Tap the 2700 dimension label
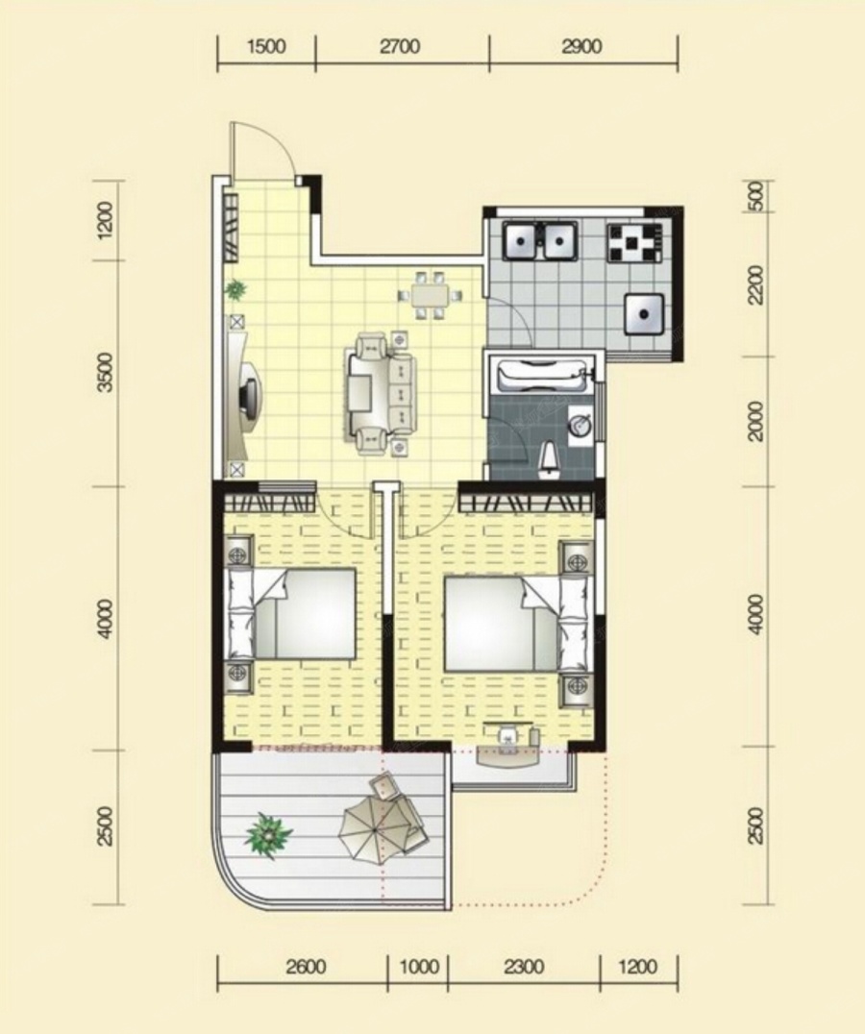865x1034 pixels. [400, 46]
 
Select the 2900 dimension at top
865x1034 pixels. [582, 46]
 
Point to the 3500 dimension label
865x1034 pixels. [105, 373]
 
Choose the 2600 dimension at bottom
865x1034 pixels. [306, 967]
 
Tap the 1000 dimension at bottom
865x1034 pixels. [419, 967]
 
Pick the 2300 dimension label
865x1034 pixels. [524, 967]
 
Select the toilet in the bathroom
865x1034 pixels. [549, 459]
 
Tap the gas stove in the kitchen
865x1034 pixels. [634, 244]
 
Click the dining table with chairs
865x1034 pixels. [430, 295]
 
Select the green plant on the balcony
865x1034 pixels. [268, 836]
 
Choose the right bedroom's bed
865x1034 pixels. [516, 623]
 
